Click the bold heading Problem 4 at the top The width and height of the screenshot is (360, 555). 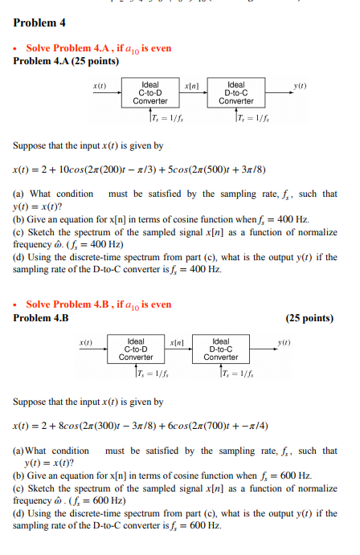point(39,22)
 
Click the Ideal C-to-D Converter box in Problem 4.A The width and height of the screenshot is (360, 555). point(149,93)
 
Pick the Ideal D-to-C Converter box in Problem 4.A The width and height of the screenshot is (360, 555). point(236,93)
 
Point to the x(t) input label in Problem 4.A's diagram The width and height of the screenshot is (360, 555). point(100,84)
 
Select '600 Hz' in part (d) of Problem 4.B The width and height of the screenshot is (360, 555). point(202,525)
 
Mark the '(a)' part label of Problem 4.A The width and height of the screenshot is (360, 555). point(19,194)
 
